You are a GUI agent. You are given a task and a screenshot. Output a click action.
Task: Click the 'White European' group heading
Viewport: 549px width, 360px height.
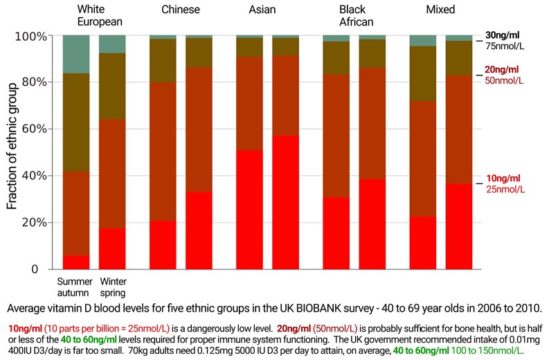pyautogui.click(x=100, y=15)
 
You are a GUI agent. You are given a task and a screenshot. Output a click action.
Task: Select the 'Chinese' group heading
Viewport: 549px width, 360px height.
pyautogui.click(x=181, y=10)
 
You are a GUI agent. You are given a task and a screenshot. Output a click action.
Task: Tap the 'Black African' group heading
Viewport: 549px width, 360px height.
pyautogui.click(x=353, y=15)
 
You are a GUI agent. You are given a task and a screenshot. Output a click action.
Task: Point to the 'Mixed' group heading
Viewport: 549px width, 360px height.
pyautogui.click(x=441, y=10)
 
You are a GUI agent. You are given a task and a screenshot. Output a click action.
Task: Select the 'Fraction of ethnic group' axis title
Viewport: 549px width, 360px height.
pyautogui.click(x=12, y=152)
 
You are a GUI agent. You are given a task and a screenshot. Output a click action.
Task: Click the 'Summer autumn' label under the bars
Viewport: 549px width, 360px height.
pyautogui.click(x=75, y=287)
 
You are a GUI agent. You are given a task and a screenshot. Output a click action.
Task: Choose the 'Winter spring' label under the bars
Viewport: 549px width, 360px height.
pyautogui.click(x=113, y=287)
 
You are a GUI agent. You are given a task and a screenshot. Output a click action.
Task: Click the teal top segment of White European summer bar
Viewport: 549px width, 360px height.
pyautogui.click(x=76, y=54)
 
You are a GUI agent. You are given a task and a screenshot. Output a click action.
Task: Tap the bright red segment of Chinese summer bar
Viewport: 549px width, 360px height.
pyautogui.click(x=163, y=245)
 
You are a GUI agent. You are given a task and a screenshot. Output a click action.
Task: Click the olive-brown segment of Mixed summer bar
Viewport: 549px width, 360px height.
pyautogui.click(x=423, y=74)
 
